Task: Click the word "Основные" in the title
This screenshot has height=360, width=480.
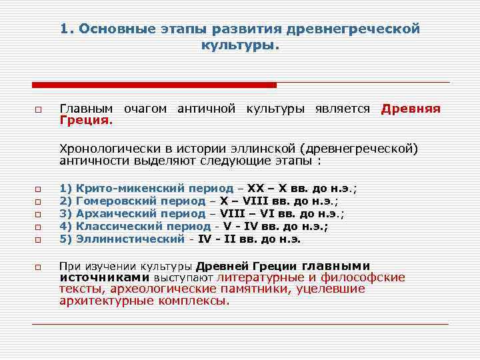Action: (119, 29)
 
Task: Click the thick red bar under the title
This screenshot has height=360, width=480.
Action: (154, 85)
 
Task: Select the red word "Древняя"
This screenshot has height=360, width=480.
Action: (411, 109)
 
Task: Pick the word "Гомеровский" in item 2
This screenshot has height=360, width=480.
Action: (117, 201)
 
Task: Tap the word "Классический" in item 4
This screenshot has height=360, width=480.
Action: (119, 226)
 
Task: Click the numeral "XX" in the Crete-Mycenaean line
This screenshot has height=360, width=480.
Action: (255, 189)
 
